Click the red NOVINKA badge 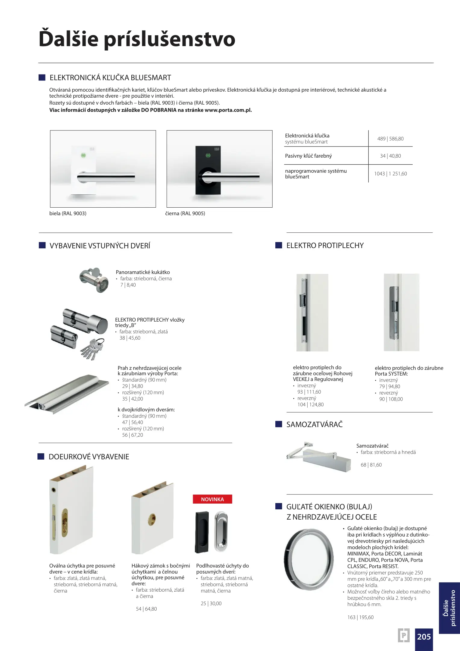212,499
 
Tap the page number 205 424,636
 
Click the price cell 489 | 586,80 390,139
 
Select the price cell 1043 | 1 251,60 390,174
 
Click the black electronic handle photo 219,169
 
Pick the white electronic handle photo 103,169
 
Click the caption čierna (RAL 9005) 185,213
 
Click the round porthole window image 309,559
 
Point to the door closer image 319,456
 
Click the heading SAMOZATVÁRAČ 314,424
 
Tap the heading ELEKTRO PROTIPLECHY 325,245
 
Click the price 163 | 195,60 360,617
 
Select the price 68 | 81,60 371,465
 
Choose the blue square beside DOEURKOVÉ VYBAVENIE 41,456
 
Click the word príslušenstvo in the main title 170,39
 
